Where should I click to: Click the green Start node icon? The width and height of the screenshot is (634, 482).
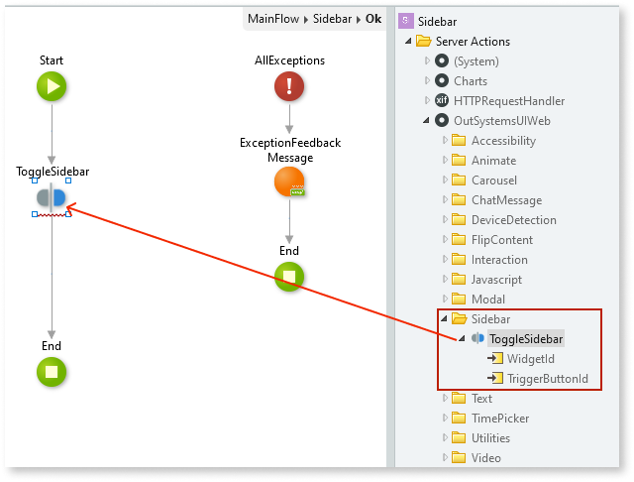coord(52,86)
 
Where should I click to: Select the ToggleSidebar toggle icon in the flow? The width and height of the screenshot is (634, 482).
coord(52,197)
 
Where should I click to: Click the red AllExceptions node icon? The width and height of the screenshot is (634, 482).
coord(289,86)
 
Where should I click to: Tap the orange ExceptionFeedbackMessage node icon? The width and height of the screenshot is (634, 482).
coord(289,182)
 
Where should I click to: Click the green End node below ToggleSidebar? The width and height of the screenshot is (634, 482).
coord(52,372)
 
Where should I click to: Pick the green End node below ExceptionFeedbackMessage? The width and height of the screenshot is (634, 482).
coord(289,277)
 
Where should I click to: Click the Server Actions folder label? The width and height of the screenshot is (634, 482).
coord(473,42)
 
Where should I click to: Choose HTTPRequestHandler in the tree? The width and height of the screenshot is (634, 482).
coord(509,101)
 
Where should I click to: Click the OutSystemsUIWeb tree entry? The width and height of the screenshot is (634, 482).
coord(501,121)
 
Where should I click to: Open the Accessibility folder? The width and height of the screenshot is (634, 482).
coord(503,141)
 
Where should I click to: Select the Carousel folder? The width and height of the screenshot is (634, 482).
coord(493,181)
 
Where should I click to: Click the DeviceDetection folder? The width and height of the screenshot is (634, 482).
coord(513,220)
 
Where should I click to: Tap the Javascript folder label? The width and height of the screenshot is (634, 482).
coord(496,280)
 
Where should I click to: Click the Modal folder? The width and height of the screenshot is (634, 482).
coord(487,300)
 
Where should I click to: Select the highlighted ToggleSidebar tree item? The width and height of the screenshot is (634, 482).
coord(526,339)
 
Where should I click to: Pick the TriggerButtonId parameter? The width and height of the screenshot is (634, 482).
coord(548,379)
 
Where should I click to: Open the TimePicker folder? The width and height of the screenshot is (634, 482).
coord(498,419)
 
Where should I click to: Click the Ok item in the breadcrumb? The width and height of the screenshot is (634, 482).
coord(374,19)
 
